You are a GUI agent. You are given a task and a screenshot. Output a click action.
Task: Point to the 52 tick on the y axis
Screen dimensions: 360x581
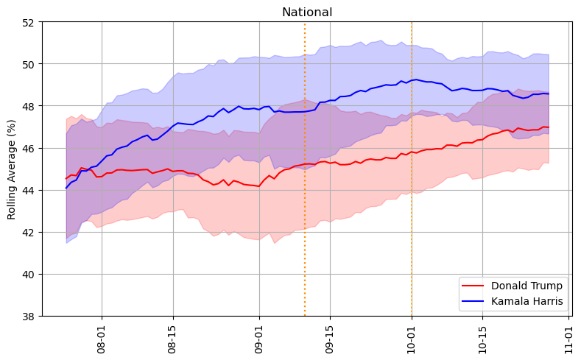pyautogui.click(x=29, y=22)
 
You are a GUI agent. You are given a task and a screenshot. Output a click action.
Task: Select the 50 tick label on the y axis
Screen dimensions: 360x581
pyautogui.click(x=29, y=64)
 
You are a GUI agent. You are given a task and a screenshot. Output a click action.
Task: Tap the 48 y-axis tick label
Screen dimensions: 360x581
pyautogui.click(x=29, y=106)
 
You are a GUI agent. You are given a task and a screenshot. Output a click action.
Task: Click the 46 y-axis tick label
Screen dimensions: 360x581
pyautogui.click(x=29, y=148)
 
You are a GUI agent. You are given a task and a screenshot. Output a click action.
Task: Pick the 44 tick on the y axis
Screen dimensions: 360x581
pyautogui.click(x=29, y=190)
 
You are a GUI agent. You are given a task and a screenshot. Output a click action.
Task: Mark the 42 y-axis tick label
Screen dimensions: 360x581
pyautogui.click(x=29, y=232)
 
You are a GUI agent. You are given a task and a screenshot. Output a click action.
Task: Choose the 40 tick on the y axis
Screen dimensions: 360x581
pyautogui.click(x=29, y=274)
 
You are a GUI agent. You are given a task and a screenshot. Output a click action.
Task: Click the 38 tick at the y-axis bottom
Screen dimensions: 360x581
pyautogui.click(x=29, y=316)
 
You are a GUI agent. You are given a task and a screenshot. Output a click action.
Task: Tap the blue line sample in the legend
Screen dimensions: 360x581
pyautogui.click(x=473, y=301)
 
